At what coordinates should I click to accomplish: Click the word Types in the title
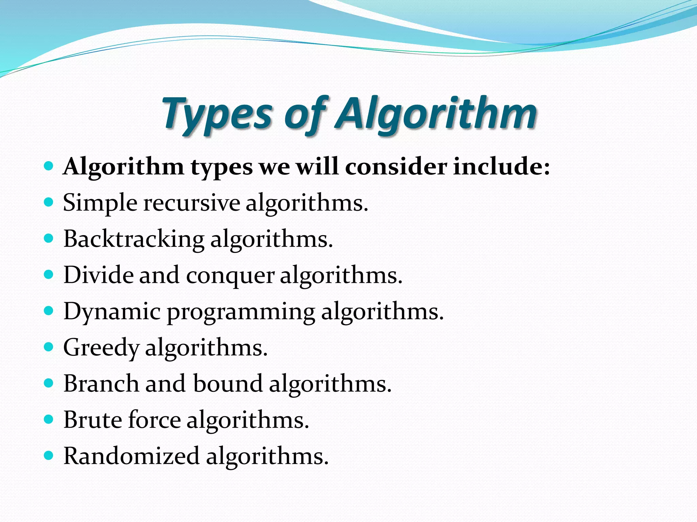tap(218, 114)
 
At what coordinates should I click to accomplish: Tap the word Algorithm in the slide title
tap(436, 114)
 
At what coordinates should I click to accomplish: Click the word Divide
tap(98, 275)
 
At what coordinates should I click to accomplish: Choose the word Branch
tap(101, 384)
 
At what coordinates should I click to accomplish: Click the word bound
tap(228, 384)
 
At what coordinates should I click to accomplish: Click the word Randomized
tap(131, 456)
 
